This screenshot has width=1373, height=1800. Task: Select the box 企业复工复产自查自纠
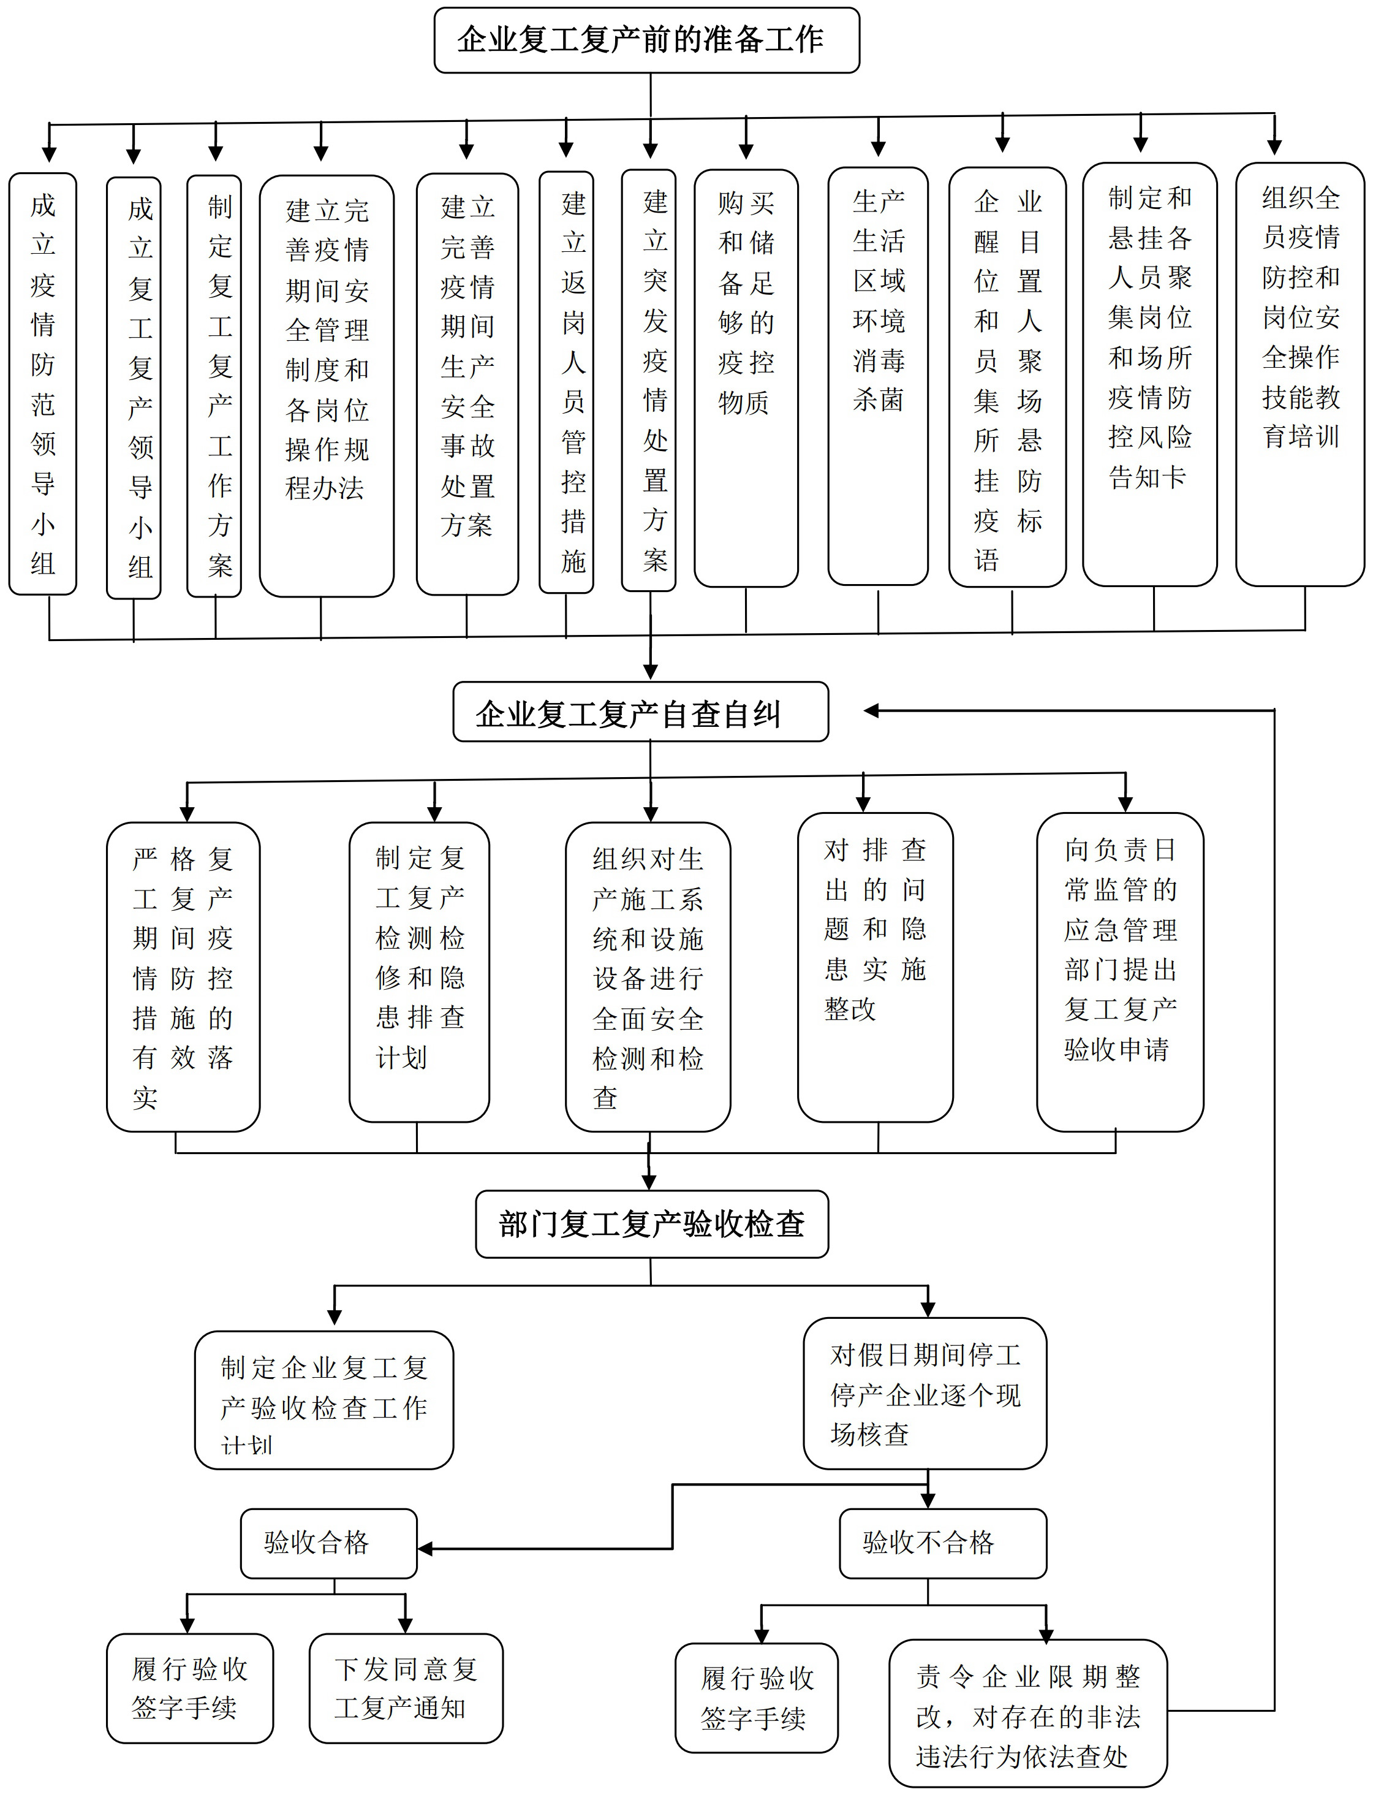640,713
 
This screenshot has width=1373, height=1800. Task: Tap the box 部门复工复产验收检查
651,1224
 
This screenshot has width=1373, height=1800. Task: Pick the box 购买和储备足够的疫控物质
746,378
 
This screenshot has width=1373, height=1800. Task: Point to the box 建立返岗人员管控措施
566,382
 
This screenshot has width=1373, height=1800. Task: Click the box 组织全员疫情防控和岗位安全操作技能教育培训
1299,374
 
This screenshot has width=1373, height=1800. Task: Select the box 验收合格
328,1543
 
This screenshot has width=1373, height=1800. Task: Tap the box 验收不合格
942,1543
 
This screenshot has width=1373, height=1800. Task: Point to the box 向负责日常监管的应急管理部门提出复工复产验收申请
1119,971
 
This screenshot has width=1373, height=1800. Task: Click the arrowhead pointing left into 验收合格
424,1548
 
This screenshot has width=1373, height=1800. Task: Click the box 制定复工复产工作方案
214,386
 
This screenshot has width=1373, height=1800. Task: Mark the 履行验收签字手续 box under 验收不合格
756,1698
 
